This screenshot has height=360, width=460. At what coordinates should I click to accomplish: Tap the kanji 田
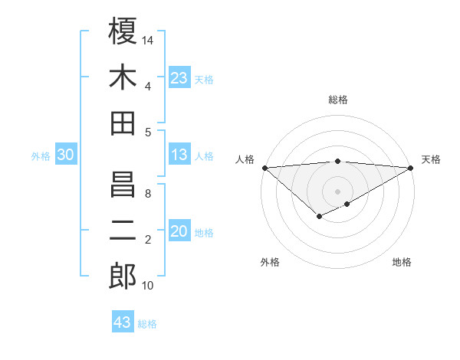[x=123, y=123]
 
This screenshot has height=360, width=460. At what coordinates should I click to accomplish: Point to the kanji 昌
[x=123, y=185]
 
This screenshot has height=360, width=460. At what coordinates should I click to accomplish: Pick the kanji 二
[x=123, y=231]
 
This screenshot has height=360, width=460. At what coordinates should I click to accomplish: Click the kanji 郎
[x=123, y=277]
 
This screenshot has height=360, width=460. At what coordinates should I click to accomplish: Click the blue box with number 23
[x=179, y=78]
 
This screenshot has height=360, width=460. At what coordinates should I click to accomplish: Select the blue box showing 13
[x=179, y=155]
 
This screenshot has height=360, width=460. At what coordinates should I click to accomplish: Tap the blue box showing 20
[x=179, y=232]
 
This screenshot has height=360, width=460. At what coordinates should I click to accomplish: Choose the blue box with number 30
[x=65, y=155]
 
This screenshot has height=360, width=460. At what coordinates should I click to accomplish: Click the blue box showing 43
[x=122, y=322]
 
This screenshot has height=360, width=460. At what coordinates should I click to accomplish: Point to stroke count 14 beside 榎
[x=149, y=39]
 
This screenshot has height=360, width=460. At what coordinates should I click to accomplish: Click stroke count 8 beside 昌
[x=148, y=193]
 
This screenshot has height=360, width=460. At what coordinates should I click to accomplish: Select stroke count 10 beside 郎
[x=148, y=286]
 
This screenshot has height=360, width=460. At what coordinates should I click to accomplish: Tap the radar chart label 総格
[x=338, y=100]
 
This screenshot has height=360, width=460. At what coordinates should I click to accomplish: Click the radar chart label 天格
[x=431, y=159]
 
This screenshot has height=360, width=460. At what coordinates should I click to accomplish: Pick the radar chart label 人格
[x=245, y=159]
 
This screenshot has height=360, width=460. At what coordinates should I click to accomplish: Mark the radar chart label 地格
[x=402, y=263]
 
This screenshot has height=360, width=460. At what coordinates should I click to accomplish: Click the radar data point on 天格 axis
[x=411, y=167]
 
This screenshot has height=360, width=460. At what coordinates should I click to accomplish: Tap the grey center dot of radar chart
[x=337, y=191]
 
